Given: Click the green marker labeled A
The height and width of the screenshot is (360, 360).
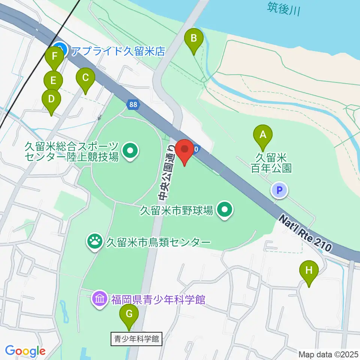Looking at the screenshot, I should point(263,134).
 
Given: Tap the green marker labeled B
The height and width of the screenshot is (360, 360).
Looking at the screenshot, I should point(194,38).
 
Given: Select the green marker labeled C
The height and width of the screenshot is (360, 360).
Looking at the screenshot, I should point(85,78).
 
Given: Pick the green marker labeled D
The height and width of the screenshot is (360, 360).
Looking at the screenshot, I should point(51,99).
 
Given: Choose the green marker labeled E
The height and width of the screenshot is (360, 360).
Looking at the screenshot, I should point(53,80).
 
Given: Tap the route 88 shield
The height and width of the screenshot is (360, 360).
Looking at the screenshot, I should point(133,105).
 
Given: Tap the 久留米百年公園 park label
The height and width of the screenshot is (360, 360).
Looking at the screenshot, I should point(271,162).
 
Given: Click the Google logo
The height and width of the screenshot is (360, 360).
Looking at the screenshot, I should point(25,351).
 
